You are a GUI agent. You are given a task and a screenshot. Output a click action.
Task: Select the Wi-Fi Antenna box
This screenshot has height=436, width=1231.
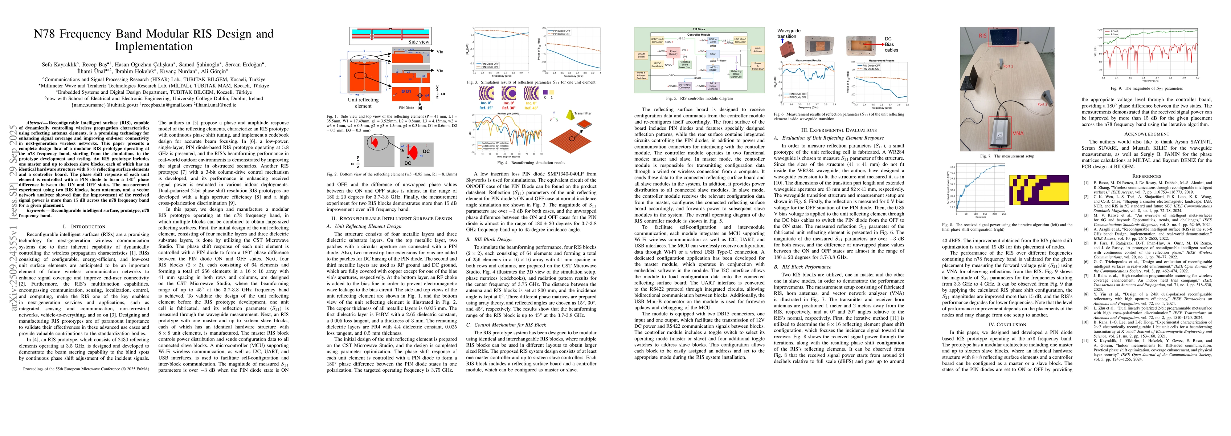(x=757, y=49)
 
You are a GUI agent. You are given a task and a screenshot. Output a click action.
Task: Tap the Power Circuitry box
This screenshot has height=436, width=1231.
(x=673, y=53)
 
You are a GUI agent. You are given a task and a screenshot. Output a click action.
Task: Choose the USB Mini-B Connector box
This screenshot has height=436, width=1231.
(x=740, y=41)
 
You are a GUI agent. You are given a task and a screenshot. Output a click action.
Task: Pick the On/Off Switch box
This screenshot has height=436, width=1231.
(x=641, y=55)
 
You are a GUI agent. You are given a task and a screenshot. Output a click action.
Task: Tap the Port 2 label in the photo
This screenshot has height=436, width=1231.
(x=1042, y=104)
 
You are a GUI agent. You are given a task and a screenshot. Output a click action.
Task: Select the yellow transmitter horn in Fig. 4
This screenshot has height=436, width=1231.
(x=570, y=115)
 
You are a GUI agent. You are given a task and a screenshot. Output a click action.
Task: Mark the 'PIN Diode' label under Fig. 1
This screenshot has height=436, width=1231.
(x=407, y=108)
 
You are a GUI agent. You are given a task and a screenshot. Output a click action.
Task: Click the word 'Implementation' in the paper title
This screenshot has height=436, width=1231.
(x=154, y=47)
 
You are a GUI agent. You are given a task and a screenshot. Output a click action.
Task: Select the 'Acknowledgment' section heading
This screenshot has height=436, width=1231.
(x=1146, y=134)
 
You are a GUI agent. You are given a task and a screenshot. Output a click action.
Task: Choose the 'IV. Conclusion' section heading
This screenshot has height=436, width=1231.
(x=1007, y=324)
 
